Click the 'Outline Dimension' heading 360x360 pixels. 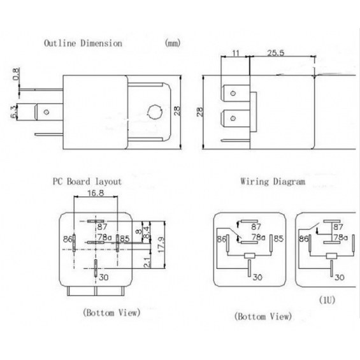point(83,43)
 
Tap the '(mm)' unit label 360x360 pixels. point(173,43)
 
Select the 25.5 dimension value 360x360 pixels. point(275,53)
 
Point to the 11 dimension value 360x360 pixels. point(236,53)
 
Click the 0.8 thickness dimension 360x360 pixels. point(16,74)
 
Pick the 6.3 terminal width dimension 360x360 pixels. point(14,112)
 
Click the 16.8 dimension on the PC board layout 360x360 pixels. point(96,193)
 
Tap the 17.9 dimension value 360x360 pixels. point(161,245)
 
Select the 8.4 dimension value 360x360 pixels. point(147,233)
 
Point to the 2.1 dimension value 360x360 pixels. point(147,263)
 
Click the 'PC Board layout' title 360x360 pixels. point(87,182)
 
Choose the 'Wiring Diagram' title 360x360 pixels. point(273,182)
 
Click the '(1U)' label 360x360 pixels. point(327,300)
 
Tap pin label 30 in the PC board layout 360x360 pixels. point(104,277)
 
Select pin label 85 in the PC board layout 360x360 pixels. point(125,239)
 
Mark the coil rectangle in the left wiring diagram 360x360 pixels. point(250,256)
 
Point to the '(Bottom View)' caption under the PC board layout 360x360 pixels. point(112,312)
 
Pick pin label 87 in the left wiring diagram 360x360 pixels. point(256,227)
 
